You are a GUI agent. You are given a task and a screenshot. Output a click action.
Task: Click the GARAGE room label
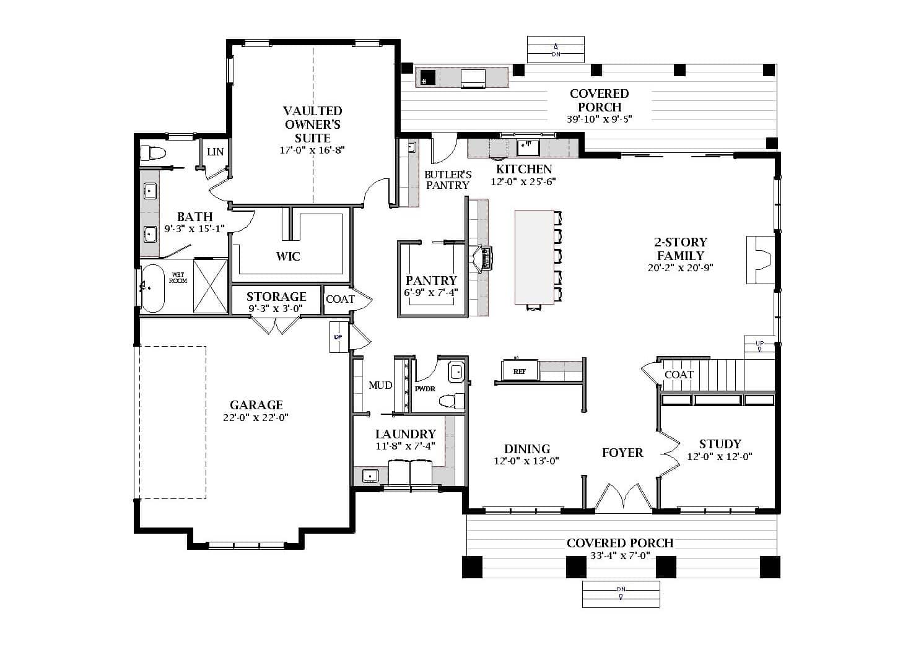click(x=256, y=406)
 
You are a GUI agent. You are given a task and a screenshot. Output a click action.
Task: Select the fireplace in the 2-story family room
click(x=759, y=259)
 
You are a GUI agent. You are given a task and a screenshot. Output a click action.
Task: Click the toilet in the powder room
click(x=452, y=401)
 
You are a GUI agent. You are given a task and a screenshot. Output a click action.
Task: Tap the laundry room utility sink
click(x=370, y=475)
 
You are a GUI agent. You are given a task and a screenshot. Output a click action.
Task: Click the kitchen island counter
click(x=534, y=257)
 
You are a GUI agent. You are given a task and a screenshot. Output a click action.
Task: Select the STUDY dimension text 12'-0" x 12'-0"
click(x=719, y=457)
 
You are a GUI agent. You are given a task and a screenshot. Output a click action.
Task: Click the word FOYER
click(x=622, y=453)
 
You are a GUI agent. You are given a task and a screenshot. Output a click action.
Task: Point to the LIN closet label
click(x=215, y=152)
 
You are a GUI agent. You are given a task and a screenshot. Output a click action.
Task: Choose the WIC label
click(x=288, y=256)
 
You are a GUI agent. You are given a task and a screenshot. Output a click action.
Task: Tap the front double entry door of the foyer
click(x=624, y=499)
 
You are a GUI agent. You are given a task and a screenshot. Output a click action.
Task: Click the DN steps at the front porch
click(x=621, y=594)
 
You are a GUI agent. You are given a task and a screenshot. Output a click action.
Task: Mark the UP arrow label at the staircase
click(x=759, y=344)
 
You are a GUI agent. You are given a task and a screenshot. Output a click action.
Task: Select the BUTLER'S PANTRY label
click(x=448, y=180)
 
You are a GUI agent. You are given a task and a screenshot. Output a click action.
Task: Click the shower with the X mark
click(x=211, y=286)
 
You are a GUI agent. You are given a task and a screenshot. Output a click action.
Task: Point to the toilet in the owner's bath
click(x=152, y=152)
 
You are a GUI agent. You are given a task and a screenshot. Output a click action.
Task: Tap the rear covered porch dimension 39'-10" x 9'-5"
click(x=599, y=119)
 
